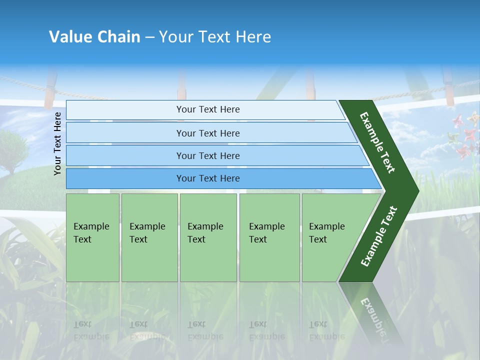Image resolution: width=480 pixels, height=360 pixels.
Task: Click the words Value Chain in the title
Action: click(x=94, y=37)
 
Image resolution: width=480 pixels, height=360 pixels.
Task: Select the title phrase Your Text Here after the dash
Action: click(x=215, y=37)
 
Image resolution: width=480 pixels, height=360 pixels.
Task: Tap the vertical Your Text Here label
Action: click(x=57, y=143)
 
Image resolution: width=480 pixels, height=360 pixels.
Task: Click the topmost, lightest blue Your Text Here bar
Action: click(x=207, y=109)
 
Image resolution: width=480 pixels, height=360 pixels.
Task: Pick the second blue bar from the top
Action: click(x=207, y=133)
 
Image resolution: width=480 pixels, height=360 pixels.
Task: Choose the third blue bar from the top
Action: click(x=207, y=155)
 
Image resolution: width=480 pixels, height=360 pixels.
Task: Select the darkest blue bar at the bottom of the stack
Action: click(x=207, y=178)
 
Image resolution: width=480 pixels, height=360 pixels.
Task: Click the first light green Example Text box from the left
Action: click(x=92, y=237)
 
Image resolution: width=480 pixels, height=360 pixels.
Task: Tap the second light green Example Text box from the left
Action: click(x=149, y=237)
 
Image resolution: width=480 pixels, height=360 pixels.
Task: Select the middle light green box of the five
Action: click(x=208, y=237)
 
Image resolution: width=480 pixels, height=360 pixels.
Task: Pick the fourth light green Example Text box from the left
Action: click(x=269, y=237)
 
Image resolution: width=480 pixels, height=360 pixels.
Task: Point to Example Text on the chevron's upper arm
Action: click(x=377, y=142)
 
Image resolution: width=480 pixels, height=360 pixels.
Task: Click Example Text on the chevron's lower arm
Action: click(x=379, y=236)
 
